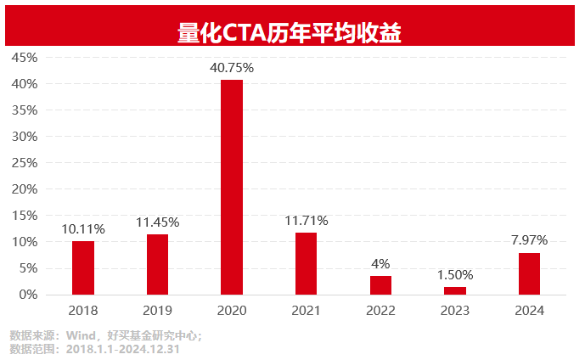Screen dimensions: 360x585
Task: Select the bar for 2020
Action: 232,187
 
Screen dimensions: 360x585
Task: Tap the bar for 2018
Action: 83,267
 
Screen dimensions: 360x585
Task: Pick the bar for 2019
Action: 157,264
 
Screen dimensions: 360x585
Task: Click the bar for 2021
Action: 307,263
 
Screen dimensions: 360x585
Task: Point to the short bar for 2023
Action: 455,290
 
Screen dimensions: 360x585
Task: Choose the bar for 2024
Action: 529,273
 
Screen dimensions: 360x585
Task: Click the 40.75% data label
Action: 232,67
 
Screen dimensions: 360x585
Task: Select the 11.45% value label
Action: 157,222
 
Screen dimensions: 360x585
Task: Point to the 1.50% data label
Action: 455,274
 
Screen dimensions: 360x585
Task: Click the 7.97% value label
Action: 529,240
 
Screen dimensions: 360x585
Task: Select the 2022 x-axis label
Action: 380,311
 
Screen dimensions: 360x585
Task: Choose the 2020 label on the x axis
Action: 232,311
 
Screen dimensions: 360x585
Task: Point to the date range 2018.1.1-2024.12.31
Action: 123,348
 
